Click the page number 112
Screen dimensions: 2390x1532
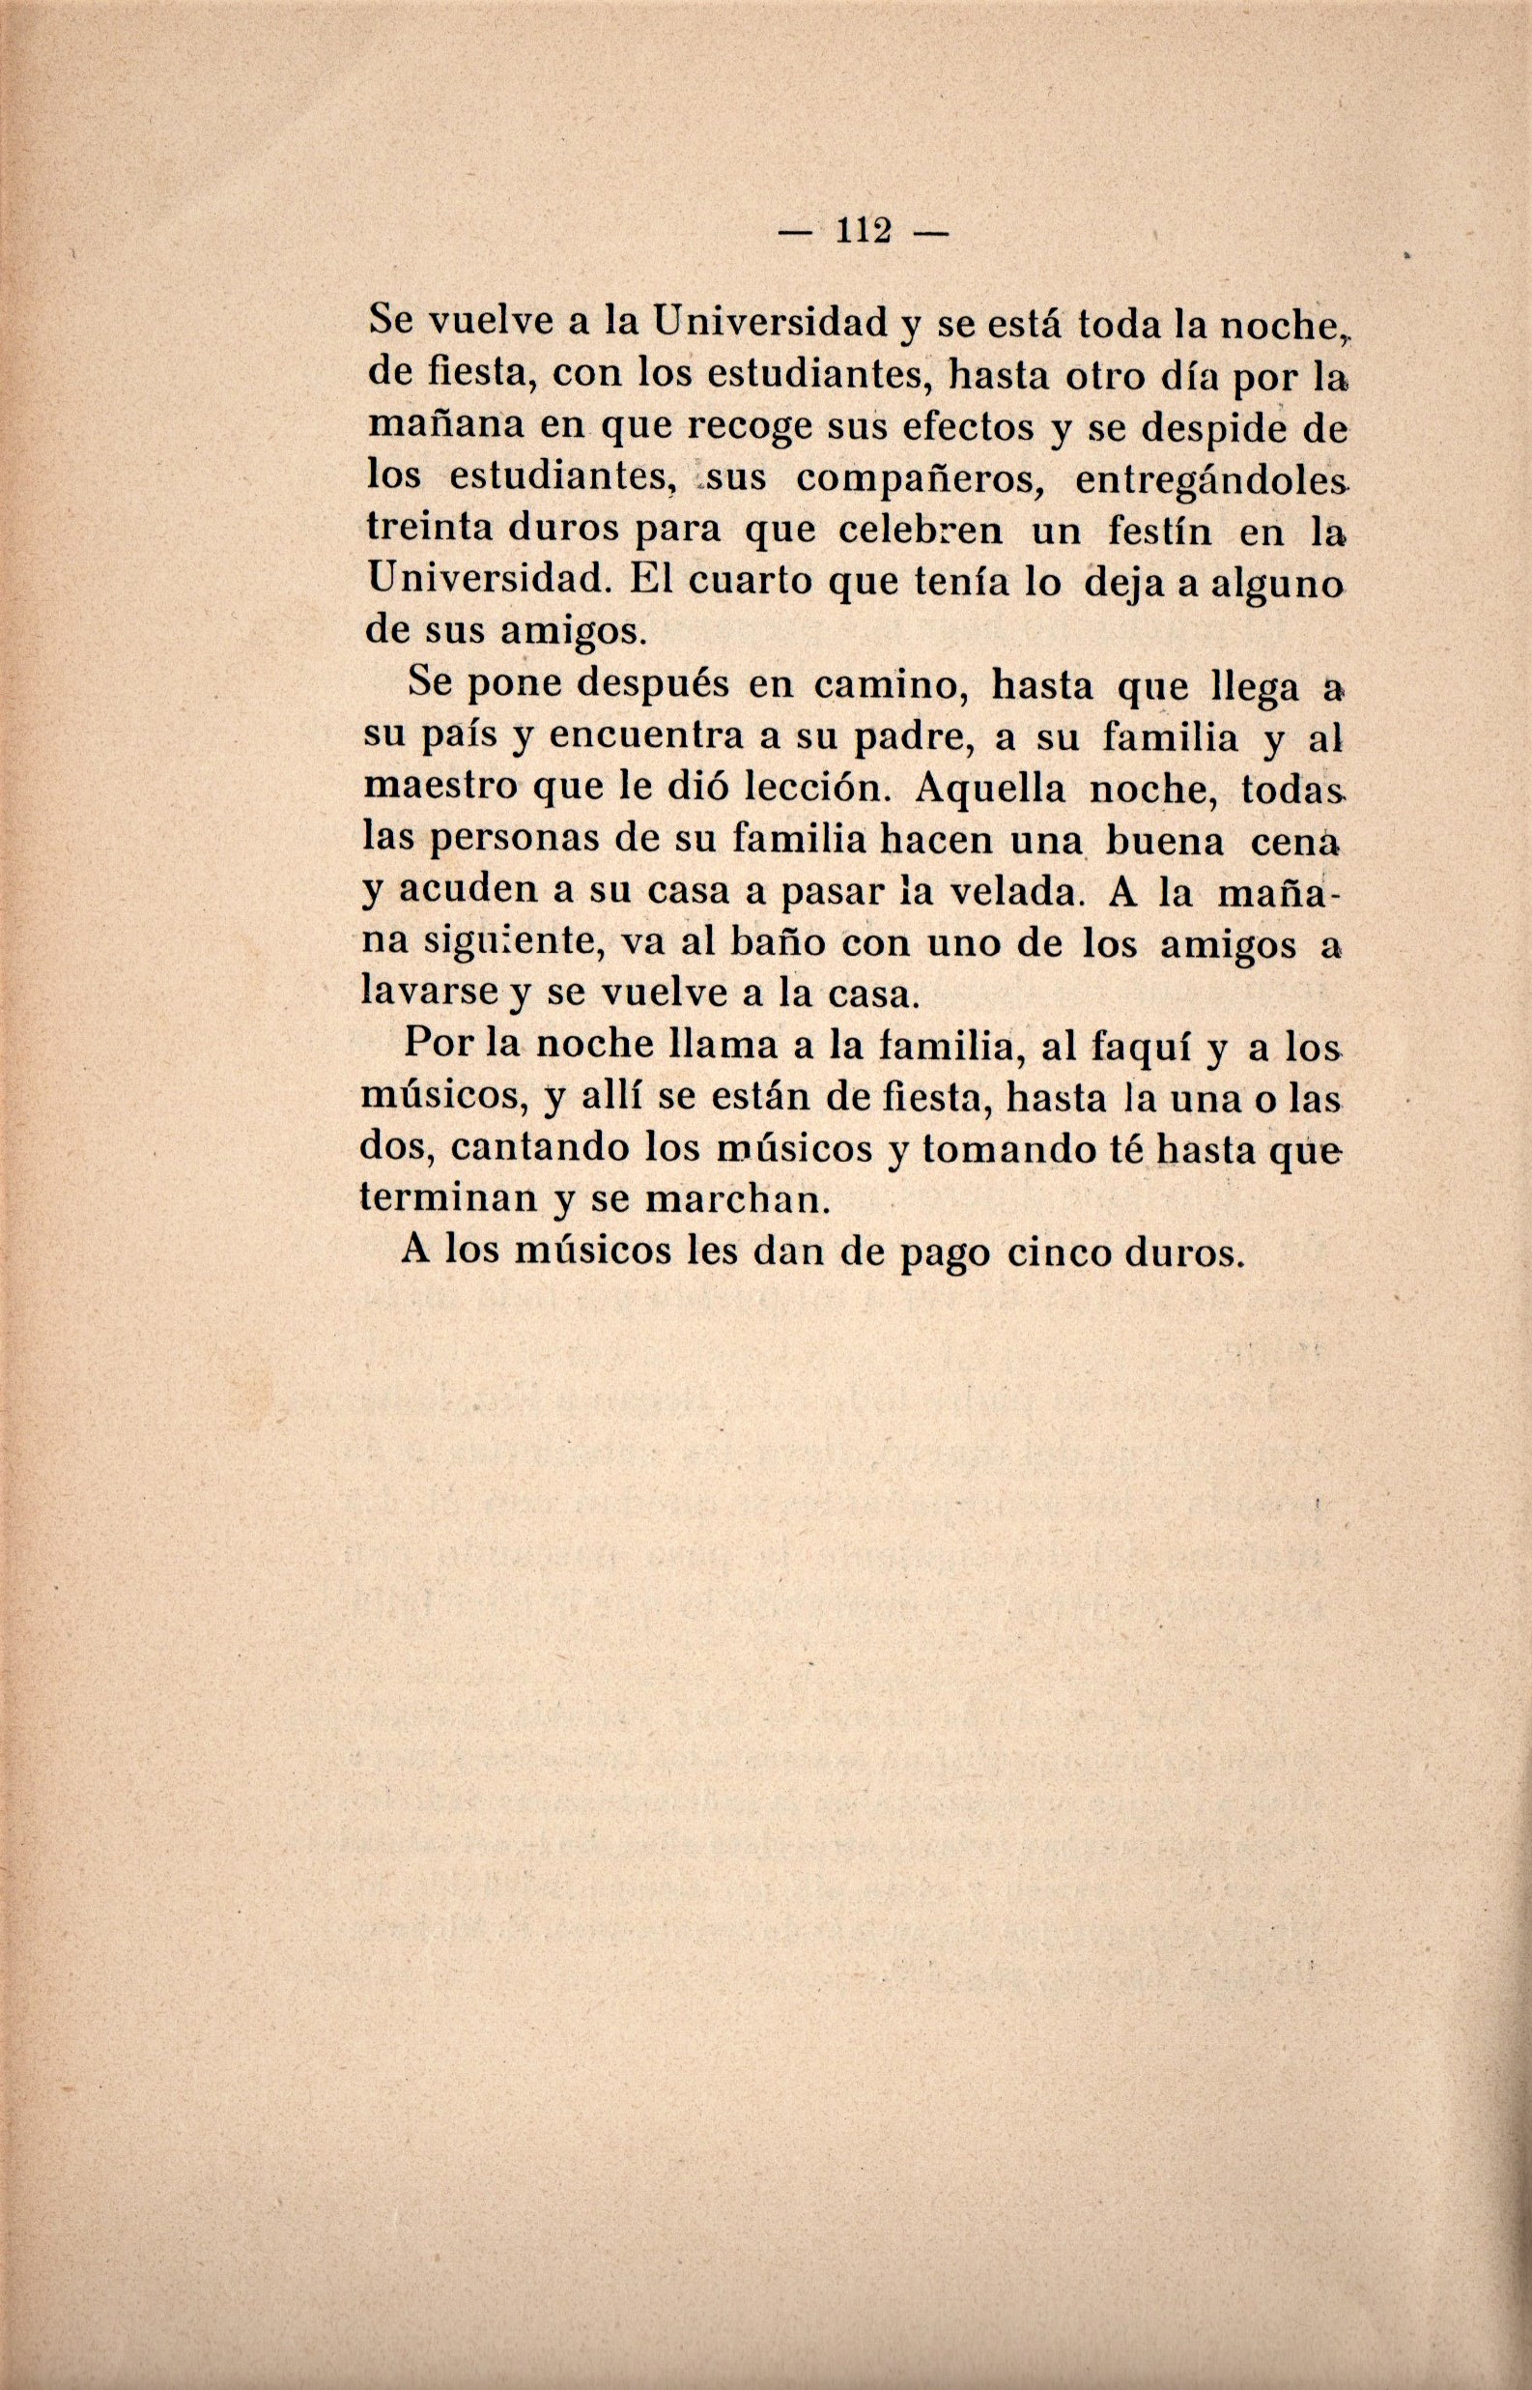tap(864, 231)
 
